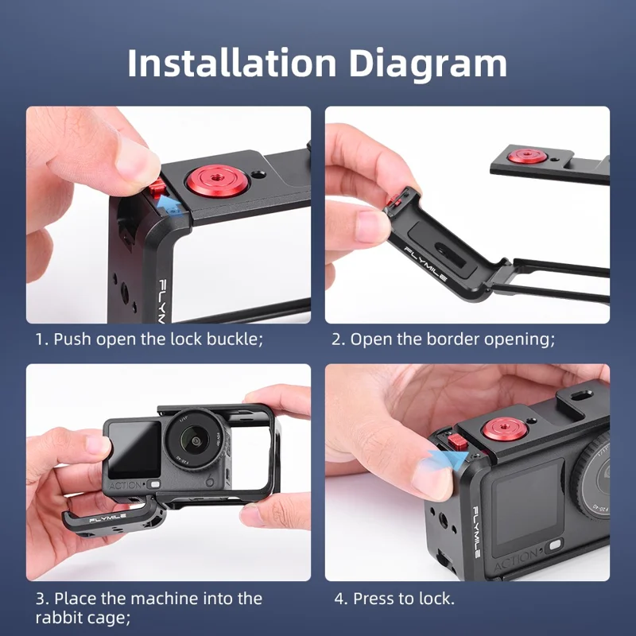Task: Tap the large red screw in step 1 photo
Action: (210, 180)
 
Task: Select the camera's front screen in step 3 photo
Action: (134, 449)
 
